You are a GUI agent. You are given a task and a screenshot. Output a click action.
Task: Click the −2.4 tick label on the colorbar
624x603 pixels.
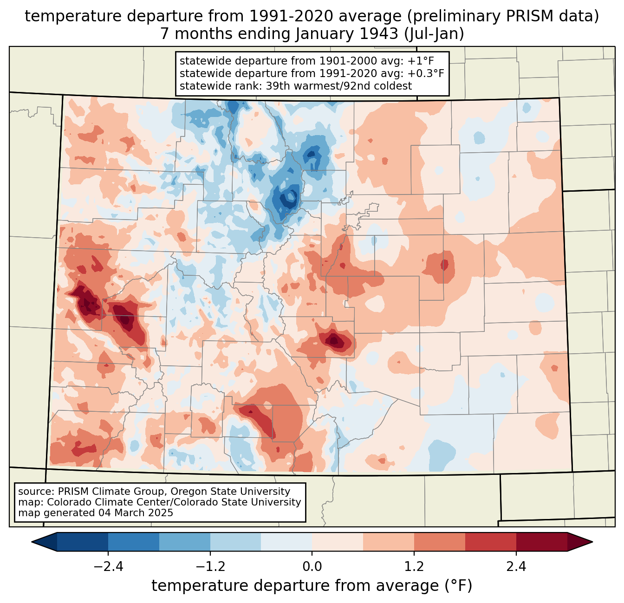(108, 567)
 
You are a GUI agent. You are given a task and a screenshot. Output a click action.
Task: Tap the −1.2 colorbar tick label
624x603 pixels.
(210, 567)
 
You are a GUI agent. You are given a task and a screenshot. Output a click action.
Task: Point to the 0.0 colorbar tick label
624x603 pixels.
(312, 567)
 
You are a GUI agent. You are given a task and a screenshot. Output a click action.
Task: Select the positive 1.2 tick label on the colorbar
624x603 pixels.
(414, 567)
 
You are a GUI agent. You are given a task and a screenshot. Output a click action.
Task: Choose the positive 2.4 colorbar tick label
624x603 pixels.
(516, 567)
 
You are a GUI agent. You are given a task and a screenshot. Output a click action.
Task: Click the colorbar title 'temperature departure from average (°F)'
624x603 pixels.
(312, 586)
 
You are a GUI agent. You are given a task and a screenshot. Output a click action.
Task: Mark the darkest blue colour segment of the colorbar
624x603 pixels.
(83, 542)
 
